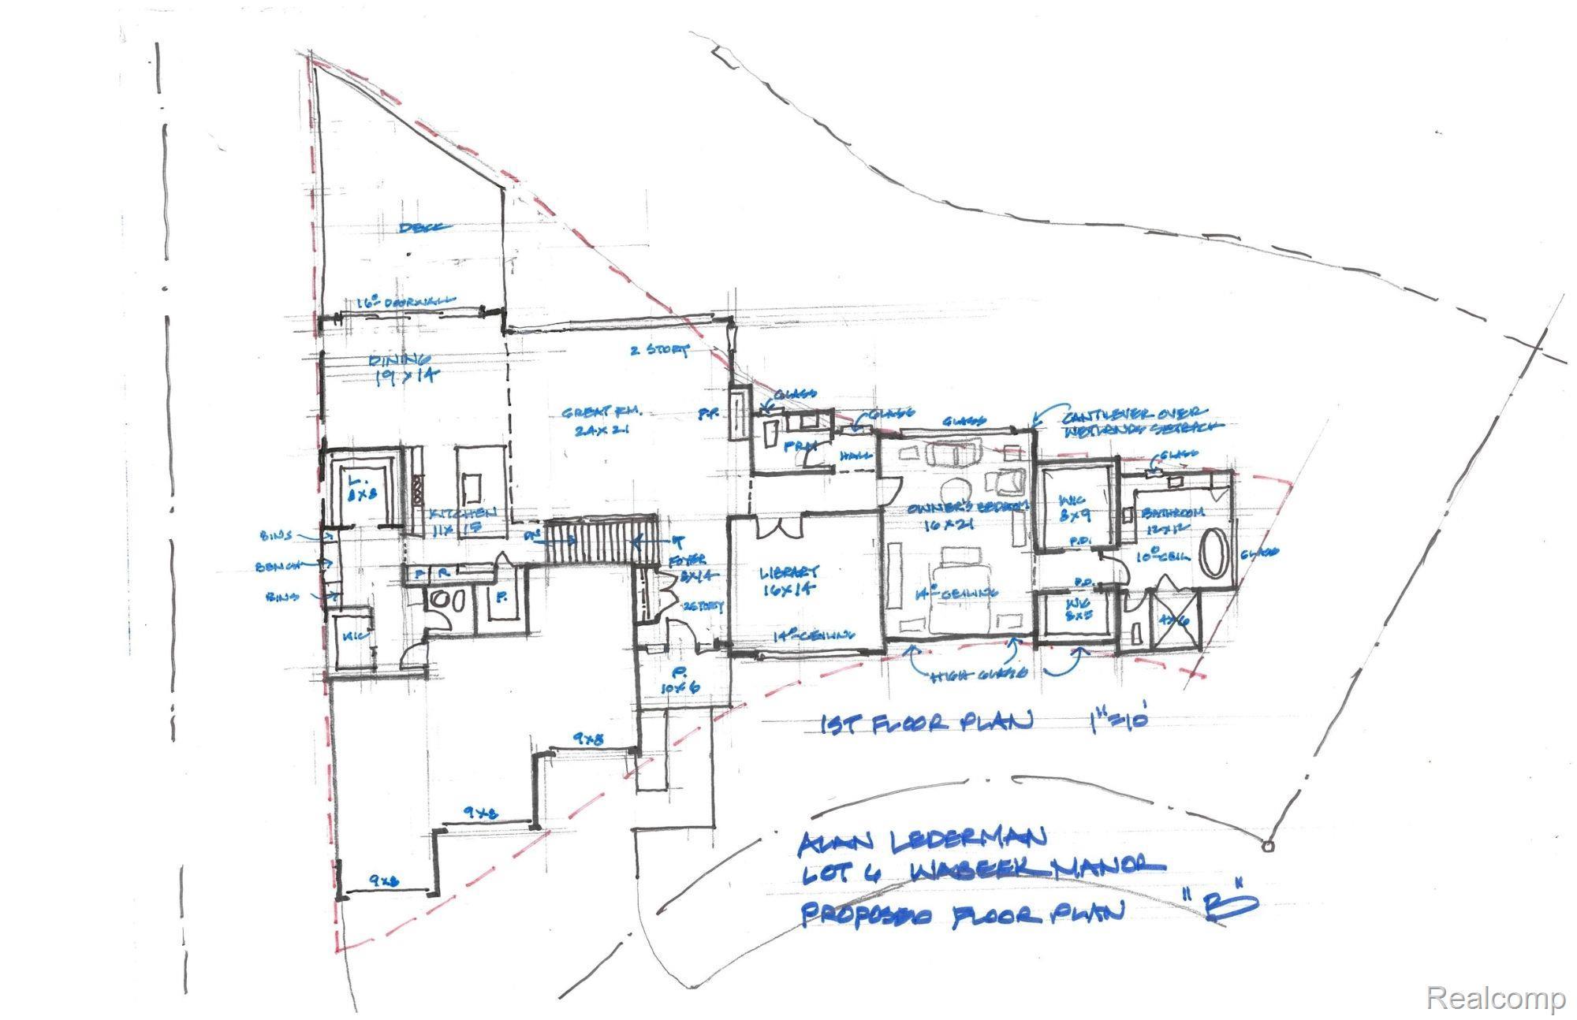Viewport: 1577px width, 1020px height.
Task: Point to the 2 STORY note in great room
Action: pyautogui.click(x=659, y=349)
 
